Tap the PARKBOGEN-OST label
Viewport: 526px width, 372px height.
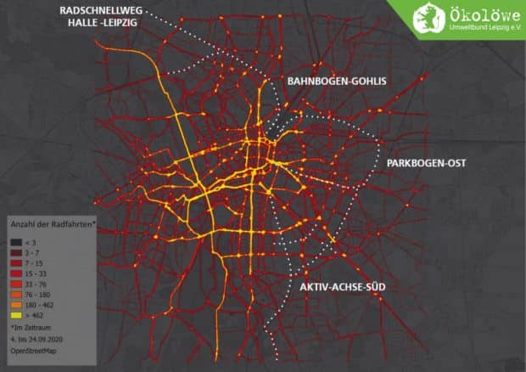(426, 161)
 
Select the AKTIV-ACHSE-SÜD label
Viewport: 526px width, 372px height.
(343, 288)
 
